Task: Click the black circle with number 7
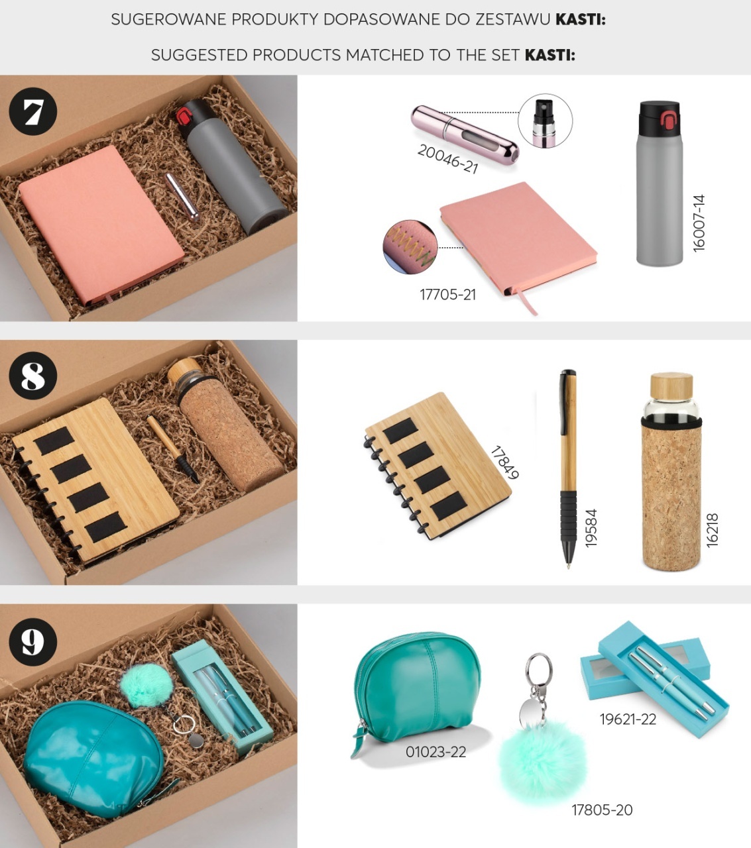coord(32,111)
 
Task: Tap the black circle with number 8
coord(32,376)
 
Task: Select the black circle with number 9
coord(32,642)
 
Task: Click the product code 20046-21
coord(448,158)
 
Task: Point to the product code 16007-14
coord(699,223)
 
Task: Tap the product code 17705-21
coord(448,295)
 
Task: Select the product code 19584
coord(591,528)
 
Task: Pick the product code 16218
coord(712,530)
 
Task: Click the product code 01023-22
coord(435,752)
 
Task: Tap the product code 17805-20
coord(602,810)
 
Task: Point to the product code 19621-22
coord(628,719)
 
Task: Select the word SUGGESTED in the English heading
coord(199,55)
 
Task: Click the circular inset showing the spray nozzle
coord(545,121)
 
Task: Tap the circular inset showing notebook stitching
coord(410,247)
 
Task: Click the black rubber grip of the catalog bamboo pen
coord(568,517)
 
